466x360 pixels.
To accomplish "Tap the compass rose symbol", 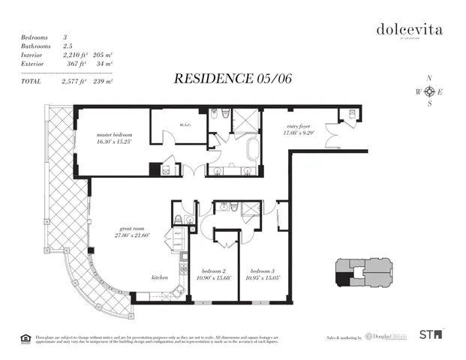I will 429,91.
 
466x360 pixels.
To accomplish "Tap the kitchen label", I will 160,277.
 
